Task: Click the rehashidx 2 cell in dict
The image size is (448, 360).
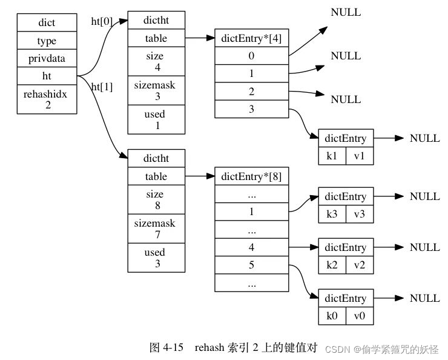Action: (47, 99)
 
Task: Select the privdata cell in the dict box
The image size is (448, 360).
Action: (47, 59)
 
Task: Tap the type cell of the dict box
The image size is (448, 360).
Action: (47, 41)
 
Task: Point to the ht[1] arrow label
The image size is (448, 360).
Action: (102, 87)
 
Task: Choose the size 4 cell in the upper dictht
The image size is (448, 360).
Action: (156, 62)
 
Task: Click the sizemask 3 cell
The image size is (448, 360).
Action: (156, 91)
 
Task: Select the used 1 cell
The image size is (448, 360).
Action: (156, 119)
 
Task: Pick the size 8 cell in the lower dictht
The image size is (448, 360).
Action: (156, 200)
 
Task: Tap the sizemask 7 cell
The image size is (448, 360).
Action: (156, 229)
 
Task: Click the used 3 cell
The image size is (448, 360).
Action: (156, 258)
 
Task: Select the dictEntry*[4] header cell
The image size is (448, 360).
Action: (251, 39)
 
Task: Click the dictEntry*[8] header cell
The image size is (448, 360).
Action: (251, 177)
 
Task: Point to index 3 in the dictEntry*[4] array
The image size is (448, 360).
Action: (251, 109)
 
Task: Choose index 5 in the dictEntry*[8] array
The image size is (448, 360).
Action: (251, 265)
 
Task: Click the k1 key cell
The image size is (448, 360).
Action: (332, 156)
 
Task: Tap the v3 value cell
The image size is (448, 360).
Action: (360, 214)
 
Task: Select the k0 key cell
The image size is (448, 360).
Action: (332, 316)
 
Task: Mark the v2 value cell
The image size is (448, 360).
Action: (360, 265)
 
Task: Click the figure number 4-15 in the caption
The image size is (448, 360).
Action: (176, 348)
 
